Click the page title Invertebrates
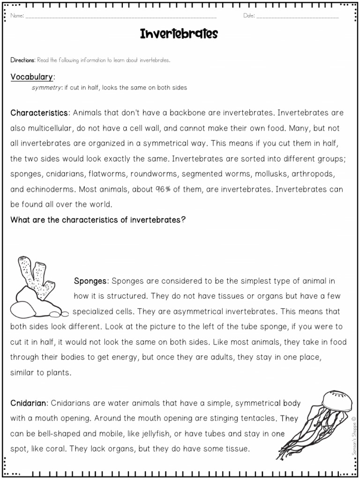pyautogui.click(x=179, y=34)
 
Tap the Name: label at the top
pyautogui.click(x=17, y=16)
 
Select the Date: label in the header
pyautogui.click(x=249, y=16)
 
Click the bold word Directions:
pyautogui.click(x=23, y=60)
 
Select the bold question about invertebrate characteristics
pyautogui.click(x=98, y=220)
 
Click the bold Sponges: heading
pyautogui.click(x=91, y=281)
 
